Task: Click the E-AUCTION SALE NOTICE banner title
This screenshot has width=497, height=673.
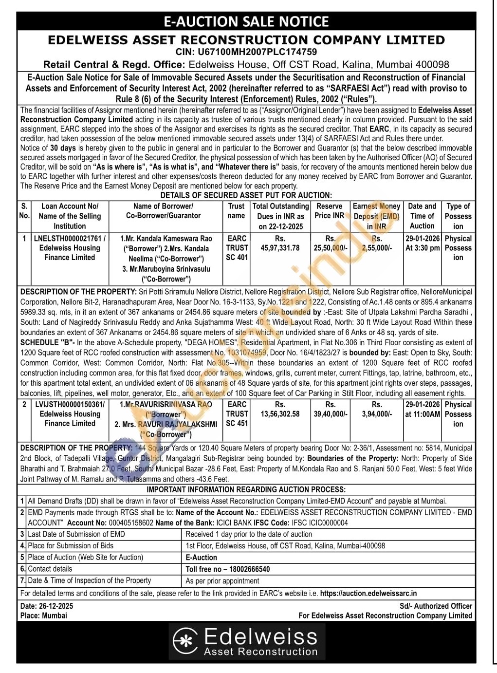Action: (x=246, y=21)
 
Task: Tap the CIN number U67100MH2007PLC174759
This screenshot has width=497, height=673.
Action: (x=246, y=52)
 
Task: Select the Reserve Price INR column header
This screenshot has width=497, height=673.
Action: (x=330, y=211)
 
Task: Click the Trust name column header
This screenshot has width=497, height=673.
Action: (x=236, y=211)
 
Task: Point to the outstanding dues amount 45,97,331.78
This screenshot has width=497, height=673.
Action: (x=280, y=248)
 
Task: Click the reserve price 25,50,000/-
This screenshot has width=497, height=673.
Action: (x=331, y=248)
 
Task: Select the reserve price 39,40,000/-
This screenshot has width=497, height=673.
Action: (x=331, y=414)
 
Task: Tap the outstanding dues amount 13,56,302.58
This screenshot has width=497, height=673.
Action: (x=280, y=414)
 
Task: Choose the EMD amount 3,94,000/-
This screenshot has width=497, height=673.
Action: (x=377, y=414)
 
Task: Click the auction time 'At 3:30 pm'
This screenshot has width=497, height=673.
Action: (x=423, y=248)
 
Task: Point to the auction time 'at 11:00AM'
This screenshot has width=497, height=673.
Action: (x=423, y=414)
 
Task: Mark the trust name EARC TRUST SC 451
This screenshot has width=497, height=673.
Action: (x=237, y=414)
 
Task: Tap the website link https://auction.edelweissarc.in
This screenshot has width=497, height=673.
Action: (x=368, y=593)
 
